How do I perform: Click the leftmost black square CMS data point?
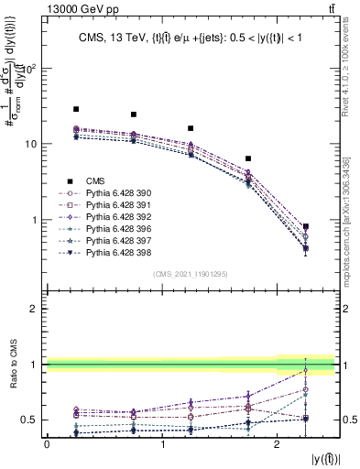pyautogui.click(x=76, y=109)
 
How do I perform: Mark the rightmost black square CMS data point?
pyautogui.click(x=306, y=226)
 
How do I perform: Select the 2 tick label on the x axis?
pyautogui.click(x=277, y=443)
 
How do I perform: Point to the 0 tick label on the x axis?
pyautogui.click(x=47, y=443)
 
